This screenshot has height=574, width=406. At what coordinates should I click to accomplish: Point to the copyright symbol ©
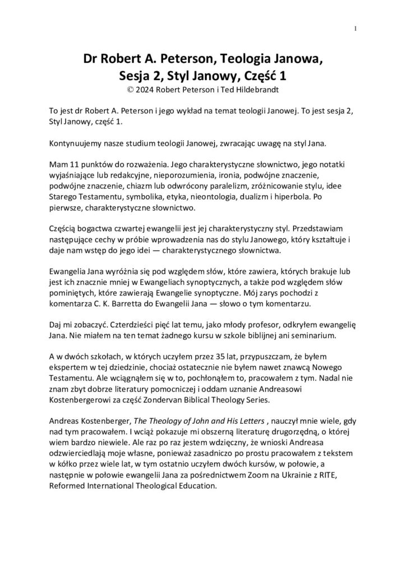132,87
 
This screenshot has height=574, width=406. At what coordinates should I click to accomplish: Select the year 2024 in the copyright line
148,87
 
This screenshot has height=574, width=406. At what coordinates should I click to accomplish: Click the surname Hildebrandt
252,87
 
